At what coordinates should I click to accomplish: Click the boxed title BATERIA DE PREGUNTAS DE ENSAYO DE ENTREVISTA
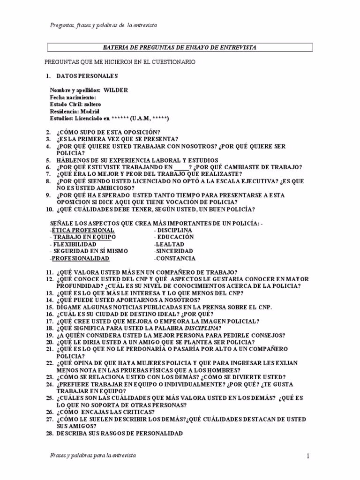[180, 47]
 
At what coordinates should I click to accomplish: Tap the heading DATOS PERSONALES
[87, 76]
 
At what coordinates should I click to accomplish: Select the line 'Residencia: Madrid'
[75, 112]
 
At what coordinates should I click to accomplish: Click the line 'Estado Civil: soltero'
[75, 104]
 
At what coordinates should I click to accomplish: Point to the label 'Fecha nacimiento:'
[73, 97]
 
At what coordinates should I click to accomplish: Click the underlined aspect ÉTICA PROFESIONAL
[83, 231]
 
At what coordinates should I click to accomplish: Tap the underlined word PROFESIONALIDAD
[80, 259]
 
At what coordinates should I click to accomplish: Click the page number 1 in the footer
[308, 456]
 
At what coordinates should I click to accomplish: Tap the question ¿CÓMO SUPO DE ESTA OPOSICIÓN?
[108, 132]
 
